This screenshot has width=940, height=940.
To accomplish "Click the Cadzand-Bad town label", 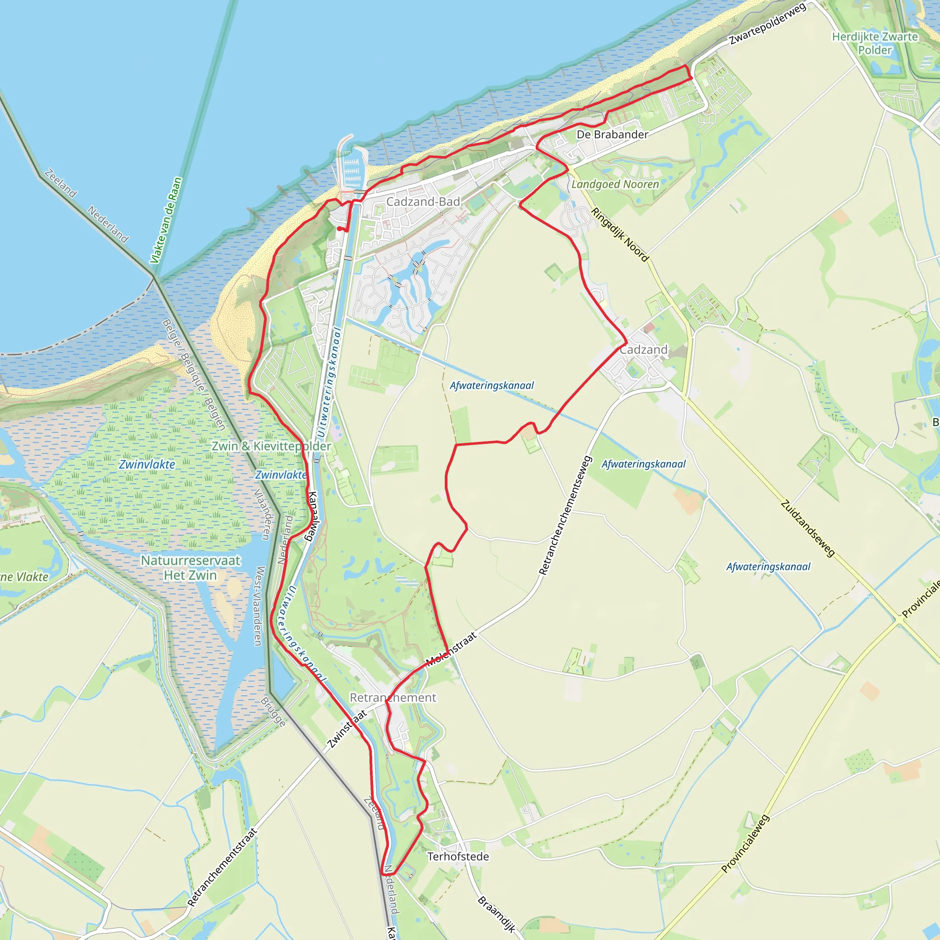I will [x=423, y=201].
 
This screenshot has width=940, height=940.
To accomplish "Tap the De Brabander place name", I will [x=612, y=134].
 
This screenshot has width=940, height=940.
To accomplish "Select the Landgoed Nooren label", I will [x=615, y=185].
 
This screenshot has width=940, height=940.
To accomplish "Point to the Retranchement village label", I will [x=392, y=697].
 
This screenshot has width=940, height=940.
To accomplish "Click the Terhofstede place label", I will [x=458, y=856].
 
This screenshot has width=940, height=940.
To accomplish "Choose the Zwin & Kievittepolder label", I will [x=271, y=446].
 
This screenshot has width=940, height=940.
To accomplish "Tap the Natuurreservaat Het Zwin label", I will [x=190, y=568].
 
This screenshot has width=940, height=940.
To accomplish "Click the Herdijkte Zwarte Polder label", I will [x=875, y=43].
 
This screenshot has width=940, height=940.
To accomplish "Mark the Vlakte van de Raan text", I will [x=166, y=220].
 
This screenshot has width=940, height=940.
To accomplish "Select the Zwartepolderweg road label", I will [x=767, y=23].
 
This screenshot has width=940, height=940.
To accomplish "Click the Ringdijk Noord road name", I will [x=619, y=235].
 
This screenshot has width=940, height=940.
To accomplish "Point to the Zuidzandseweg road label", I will [x=808, y=528].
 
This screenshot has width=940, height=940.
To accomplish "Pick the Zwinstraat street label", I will [x=347, y=729].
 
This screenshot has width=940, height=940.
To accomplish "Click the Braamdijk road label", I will [x=496, y=914].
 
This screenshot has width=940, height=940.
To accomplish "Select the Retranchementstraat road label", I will [x=222, y=867].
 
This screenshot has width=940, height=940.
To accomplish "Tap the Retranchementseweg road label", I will [x=565, y=516].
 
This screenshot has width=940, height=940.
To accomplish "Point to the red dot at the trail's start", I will [x=339, y=228].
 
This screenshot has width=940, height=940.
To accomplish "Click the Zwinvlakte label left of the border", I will [x=147, y=464].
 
